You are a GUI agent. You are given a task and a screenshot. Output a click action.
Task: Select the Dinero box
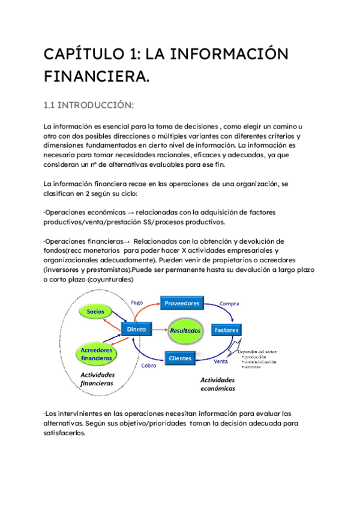[136, 330]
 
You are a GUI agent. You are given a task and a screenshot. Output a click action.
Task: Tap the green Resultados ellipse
[185, 331]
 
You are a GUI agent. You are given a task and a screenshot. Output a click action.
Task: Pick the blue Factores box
[226, 330]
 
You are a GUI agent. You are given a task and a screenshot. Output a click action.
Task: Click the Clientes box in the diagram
[180, 358]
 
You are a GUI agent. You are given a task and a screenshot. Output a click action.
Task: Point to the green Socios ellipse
[95, 312]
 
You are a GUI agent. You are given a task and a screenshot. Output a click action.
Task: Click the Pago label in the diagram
[136, 303]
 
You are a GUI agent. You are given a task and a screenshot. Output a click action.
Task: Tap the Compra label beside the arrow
[229, 304]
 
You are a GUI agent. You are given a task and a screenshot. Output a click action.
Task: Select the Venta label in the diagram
[221, 362]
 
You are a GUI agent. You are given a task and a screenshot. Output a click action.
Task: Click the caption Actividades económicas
[218, 384]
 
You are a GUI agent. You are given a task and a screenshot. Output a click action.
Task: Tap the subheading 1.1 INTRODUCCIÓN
[88, 106]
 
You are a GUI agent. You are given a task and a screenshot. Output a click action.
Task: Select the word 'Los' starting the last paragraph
[52, 413]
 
